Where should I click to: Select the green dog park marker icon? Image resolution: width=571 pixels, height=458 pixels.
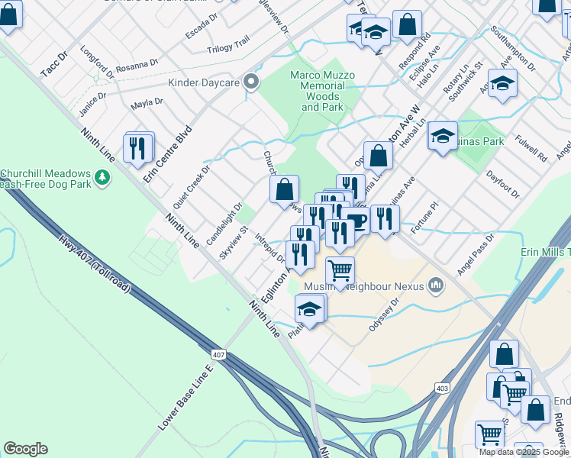click(x=102, y=179)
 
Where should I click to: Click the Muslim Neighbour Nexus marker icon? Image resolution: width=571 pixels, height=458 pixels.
click(x=436, y=285)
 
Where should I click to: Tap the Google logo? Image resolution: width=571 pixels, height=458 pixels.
click(x=25, y=449)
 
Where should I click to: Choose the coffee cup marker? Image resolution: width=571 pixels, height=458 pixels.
click(x=356, y=221)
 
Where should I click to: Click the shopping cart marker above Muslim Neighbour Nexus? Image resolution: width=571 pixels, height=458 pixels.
click(x=340, y=270)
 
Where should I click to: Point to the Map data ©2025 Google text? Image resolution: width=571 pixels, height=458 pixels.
click(x=524, y=452)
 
